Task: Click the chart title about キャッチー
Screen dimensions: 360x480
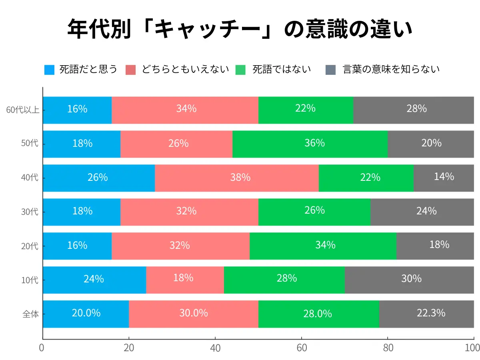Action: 240,29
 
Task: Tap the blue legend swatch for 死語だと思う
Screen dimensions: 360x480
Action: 49,70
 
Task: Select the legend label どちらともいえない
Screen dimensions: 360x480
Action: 185,70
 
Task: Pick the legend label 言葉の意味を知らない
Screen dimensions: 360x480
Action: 391,70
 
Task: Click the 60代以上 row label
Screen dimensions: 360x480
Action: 22,110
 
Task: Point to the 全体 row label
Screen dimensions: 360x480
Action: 30,314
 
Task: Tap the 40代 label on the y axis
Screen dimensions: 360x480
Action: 30,178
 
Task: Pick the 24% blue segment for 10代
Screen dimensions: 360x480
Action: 94,280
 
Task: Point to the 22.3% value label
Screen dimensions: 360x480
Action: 431,313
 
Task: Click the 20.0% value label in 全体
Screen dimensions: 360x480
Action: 86,313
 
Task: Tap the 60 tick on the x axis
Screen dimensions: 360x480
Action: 301,348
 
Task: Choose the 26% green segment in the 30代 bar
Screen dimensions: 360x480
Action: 315,212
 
